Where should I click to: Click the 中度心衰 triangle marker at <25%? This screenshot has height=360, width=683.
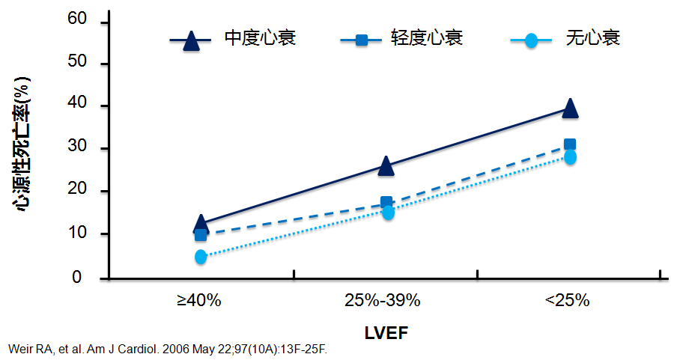(x=570, y=108)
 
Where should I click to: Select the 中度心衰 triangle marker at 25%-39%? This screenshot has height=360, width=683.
(x=386, y=165)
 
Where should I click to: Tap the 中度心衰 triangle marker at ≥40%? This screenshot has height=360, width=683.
(x=201, y=223)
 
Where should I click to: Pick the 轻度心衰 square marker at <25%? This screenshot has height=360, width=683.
(x=570, y=144)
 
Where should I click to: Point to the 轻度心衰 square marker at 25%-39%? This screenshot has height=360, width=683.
(x=386, y=202)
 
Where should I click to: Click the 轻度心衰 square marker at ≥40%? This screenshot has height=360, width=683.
(x=201, y=235)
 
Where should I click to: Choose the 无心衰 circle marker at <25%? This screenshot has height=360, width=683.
(x=570, y=157)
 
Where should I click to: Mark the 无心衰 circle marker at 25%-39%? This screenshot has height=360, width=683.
(x=388, y=213)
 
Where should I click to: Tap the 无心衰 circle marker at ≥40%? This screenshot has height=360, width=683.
(x=201, y=257)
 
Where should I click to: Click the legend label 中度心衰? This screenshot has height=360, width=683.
(x=260, y=37)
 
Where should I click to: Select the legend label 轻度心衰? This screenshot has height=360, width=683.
(x=427, y=37)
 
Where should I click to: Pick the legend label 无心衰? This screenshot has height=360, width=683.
(x=593, y=37)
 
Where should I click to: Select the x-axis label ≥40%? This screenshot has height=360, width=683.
(x=199, y=301)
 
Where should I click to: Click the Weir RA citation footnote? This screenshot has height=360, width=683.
(x=168, y=350)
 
